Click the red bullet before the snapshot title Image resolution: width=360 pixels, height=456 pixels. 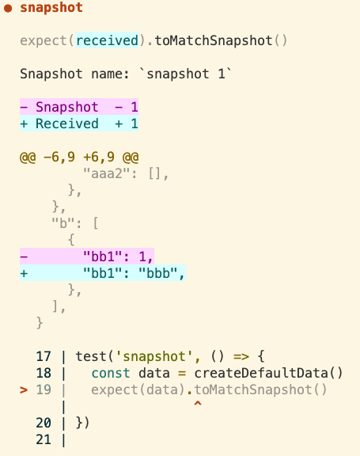coord(8,9)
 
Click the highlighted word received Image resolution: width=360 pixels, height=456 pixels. coord(107,40)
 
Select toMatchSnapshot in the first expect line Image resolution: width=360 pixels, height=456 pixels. coord(214,40)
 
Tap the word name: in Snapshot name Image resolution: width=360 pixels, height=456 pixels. coord(110,74)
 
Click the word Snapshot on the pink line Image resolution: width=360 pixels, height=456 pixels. coord(66,107)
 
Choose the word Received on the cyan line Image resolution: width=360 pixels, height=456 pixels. coord(66,123)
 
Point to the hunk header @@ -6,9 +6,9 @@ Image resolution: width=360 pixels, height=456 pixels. coord(79,158)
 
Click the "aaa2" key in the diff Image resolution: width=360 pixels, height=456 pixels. coord(106,173)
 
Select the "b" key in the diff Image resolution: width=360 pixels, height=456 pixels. coord(63,223)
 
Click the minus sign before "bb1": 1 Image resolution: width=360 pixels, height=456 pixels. coord(24,256)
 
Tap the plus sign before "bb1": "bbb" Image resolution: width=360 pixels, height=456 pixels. coord(24,273)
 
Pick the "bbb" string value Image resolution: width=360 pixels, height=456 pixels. coord(157,273)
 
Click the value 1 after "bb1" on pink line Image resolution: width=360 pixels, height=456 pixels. coord(142,256)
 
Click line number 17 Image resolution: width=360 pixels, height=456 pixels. coord(44,356)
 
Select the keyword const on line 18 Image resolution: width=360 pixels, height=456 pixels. coord(111,373)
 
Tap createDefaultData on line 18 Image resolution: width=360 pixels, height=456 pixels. coord(261,373)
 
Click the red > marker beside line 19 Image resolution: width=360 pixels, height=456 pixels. coord(24,390)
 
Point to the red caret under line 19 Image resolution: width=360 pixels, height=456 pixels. coord(198,404)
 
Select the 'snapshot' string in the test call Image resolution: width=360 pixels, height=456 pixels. coord(154,356)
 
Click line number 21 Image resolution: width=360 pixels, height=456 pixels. coord(44,439)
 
